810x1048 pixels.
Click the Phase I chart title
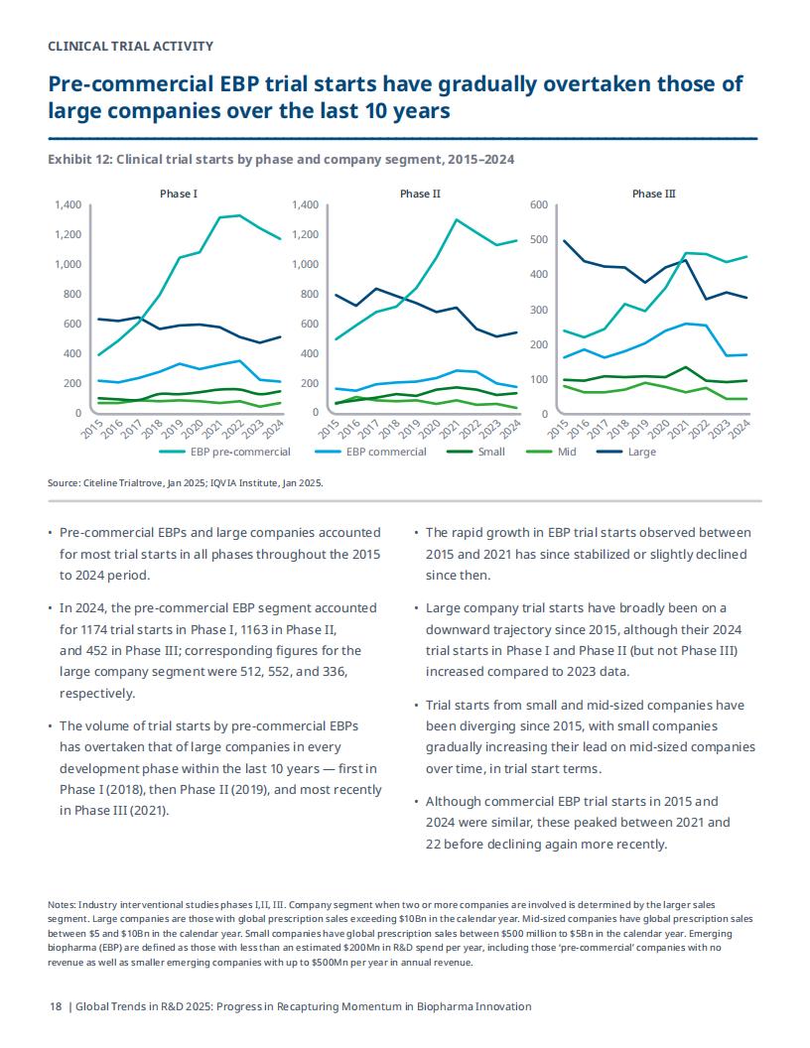point(179,194)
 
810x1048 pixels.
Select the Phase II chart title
point(420,194)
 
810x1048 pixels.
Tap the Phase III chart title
point(653,194)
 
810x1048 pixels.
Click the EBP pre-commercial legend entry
point(224,452)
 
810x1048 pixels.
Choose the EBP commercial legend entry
point(370,452)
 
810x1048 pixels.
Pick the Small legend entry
point(475,452)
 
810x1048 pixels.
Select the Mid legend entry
point(551,452)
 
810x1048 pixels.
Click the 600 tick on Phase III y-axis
point(539,204)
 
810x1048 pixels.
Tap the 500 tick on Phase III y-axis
point(539,239)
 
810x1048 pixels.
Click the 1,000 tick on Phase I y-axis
point(68,264)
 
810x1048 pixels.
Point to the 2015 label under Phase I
point(91,429)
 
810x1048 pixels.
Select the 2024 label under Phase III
point(740,429)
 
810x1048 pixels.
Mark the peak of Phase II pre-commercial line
point(457,219)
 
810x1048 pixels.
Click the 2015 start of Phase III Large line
point(564,240)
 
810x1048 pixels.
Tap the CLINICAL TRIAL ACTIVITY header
point(131,46)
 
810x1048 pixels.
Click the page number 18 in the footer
point(56,1006)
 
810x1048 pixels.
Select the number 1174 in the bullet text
point(93,629)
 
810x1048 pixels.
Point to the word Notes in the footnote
point(61,905)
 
